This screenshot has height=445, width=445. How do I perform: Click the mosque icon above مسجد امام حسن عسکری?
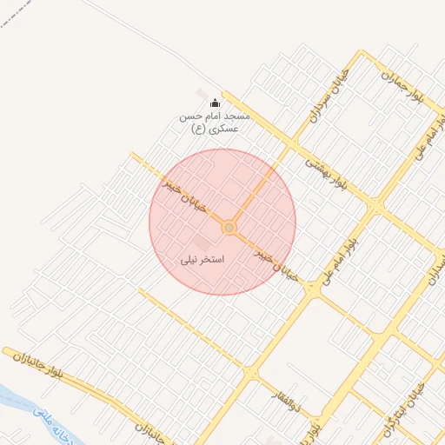[x=215, y=103]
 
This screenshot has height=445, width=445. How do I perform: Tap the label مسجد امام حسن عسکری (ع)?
[x=214, y=122]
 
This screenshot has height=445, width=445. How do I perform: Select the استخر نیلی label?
[x=203, y=259]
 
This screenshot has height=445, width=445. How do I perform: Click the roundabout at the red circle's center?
[x=229, y=228]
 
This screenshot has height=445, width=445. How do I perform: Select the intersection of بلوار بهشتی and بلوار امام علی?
[x=375, y=206]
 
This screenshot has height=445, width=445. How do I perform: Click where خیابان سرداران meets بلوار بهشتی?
[x=293, y=143]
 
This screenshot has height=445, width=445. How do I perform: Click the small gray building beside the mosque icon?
[x=202, y=94]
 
